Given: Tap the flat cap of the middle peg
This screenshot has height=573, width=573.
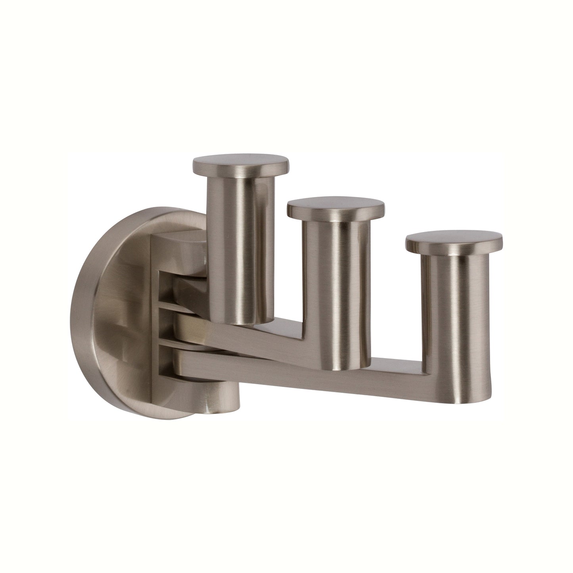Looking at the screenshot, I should click(335, 206).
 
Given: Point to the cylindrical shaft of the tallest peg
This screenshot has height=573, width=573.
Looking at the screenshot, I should click(237, 238).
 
